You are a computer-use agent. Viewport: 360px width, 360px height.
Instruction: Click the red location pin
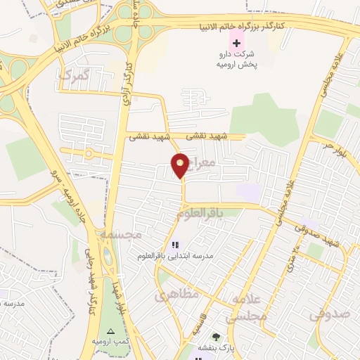click(181, 165)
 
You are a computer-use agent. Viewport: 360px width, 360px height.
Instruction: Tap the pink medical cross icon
click(236, 43)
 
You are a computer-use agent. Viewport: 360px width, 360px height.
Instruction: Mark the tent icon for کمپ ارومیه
click(109, 330)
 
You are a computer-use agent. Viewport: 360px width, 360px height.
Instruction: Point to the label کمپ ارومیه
click(109, 342)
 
